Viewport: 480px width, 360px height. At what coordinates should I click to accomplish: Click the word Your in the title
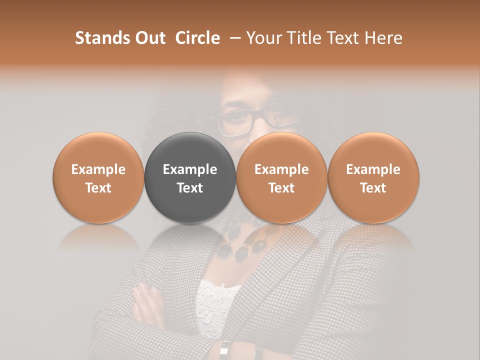coord(262,38)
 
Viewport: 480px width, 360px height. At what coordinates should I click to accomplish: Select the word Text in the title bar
coord(342,38)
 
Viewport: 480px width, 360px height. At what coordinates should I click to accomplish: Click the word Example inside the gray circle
coord(190,169)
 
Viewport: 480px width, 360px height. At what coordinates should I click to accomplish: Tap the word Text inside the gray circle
coord(190,188)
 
